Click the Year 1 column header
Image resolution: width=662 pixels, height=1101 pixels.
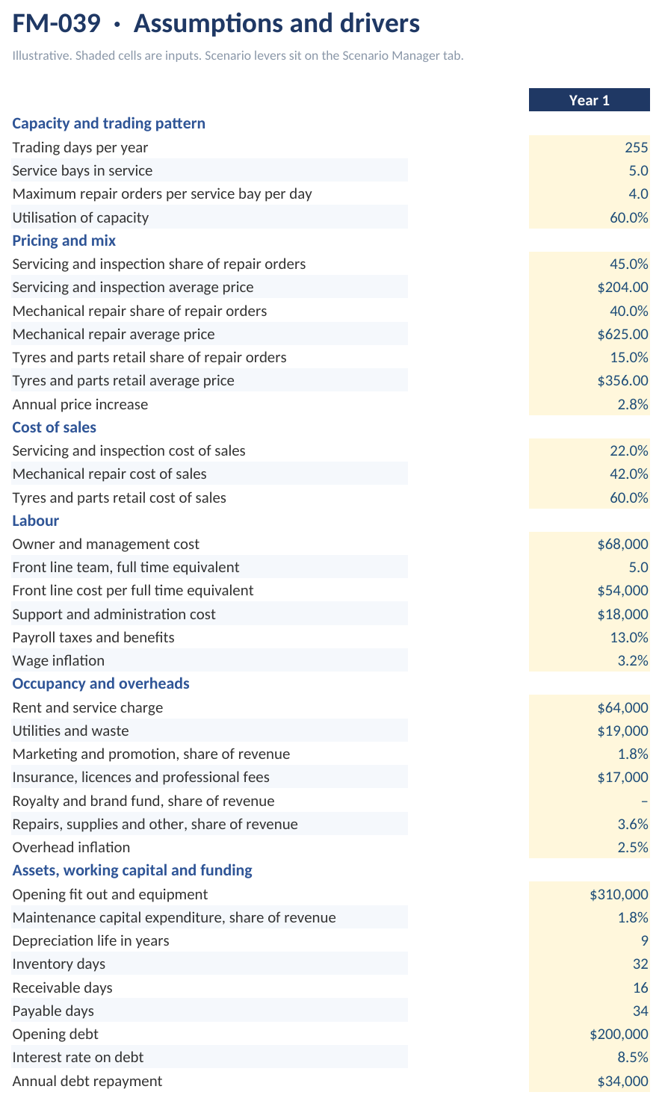(590, 100)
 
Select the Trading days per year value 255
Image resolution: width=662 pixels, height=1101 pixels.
(637, 147)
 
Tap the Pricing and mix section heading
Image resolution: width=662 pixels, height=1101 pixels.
(64, 241)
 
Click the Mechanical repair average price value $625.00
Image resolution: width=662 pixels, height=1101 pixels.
(622, 334)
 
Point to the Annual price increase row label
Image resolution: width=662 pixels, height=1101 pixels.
(80, 404)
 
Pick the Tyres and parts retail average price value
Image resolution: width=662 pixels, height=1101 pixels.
(622, 380)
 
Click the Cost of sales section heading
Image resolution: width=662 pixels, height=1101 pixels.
(54, 427)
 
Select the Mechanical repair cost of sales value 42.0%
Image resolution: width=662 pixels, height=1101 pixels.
(629, 474)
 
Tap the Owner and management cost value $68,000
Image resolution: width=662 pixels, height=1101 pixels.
(622, 544)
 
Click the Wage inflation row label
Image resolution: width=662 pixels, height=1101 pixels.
(58, 660)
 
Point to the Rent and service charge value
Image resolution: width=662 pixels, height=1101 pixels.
(622, 708)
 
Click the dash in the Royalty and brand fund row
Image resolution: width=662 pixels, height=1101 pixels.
(644, 801)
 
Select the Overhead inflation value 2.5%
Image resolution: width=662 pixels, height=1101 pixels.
(633, 847)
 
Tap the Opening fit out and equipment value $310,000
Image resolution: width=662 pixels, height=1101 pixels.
(619, 895)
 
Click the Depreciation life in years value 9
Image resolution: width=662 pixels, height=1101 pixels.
(644, 940)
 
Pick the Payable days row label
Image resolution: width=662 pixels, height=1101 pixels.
(53, 1011)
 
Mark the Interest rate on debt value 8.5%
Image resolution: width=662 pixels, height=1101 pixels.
(633, 1057)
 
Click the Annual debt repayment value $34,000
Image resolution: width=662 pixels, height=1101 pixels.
(622, 1082)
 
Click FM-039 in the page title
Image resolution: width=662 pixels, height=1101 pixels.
(57, 23)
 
